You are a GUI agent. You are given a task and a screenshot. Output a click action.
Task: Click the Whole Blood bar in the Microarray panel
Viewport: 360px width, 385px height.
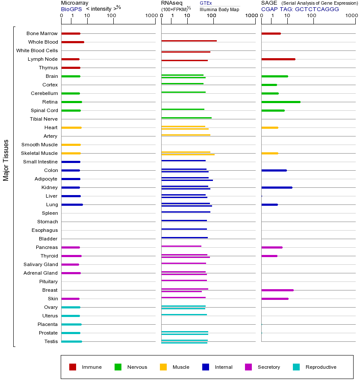coord(73,42)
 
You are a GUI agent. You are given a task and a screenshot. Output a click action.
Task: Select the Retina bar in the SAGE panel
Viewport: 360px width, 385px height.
coord(280,102)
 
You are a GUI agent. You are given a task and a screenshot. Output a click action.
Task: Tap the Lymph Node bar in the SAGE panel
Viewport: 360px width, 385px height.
coord(278,59)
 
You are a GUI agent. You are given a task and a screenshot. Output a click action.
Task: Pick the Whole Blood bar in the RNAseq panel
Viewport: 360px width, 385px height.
coord(189,41)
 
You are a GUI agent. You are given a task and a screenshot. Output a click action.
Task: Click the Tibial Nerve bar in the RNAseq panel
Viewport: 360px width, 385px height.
coord(186,118)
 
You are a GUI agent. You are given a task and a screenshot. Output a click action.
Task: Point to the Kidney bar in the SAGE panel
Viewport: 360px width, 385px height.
coord(277,187)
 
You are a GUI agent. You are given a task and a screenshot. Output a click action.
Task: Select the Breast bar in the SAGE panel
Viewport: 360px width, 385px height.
coord(277,290)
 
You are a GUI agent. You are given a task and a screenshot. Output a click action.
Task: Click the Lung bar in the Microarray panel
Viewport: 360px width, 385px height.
coord(72,204)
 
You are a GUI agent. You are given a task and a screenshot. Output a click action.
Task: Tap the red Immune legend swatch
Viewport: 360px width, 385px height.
coord(73,367)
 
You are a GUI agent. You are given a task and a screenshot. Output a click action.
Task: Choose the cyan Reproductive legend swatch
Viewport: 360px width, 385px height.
coord(296,367)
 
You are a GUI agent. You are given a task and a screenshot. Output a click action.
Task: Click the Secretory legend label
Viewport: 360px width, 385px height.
coord(269,367)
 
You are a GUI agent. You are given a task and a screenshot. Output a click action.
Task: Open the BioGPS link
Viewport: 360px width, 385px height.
coord(71,9)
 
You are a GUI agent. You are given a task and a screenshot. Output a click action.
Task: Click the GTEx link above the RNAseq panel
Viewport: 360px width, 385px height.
coord(206,3)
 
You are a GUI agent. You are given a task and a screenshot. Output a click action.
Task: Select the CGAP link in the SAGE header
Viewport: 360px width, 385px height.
coord(269,9)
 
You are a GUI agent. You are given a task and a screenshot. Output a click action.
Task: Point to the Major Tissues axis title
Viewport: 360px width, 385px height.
coord(6,160)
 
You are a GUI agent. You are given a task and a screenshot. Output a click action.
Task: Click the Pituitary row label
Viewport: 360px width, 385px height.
coord(48,281)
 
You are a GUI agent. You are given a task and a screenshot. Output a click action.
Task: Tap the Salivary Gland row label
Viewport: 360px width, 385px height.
coord(41,264)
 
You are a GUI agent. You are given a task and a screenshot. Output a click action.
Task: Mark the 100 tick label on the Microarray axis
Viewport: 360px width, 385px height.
coord(111,15)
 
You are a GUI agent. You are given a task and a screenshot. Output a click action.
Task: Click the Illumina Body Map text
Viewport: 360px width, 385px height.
coord(219,9)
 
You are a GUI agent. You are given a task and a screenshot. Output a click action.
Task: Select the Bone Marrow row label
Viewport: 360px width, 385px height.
coord(42,33)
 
